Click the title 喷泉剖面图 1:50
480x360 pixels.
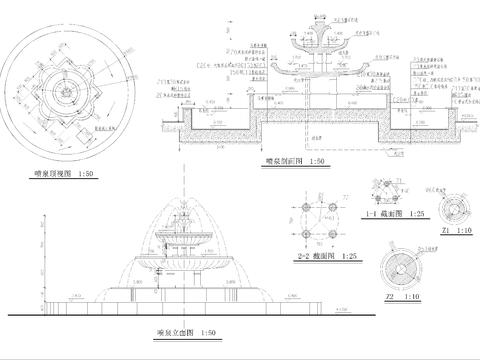290,159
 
